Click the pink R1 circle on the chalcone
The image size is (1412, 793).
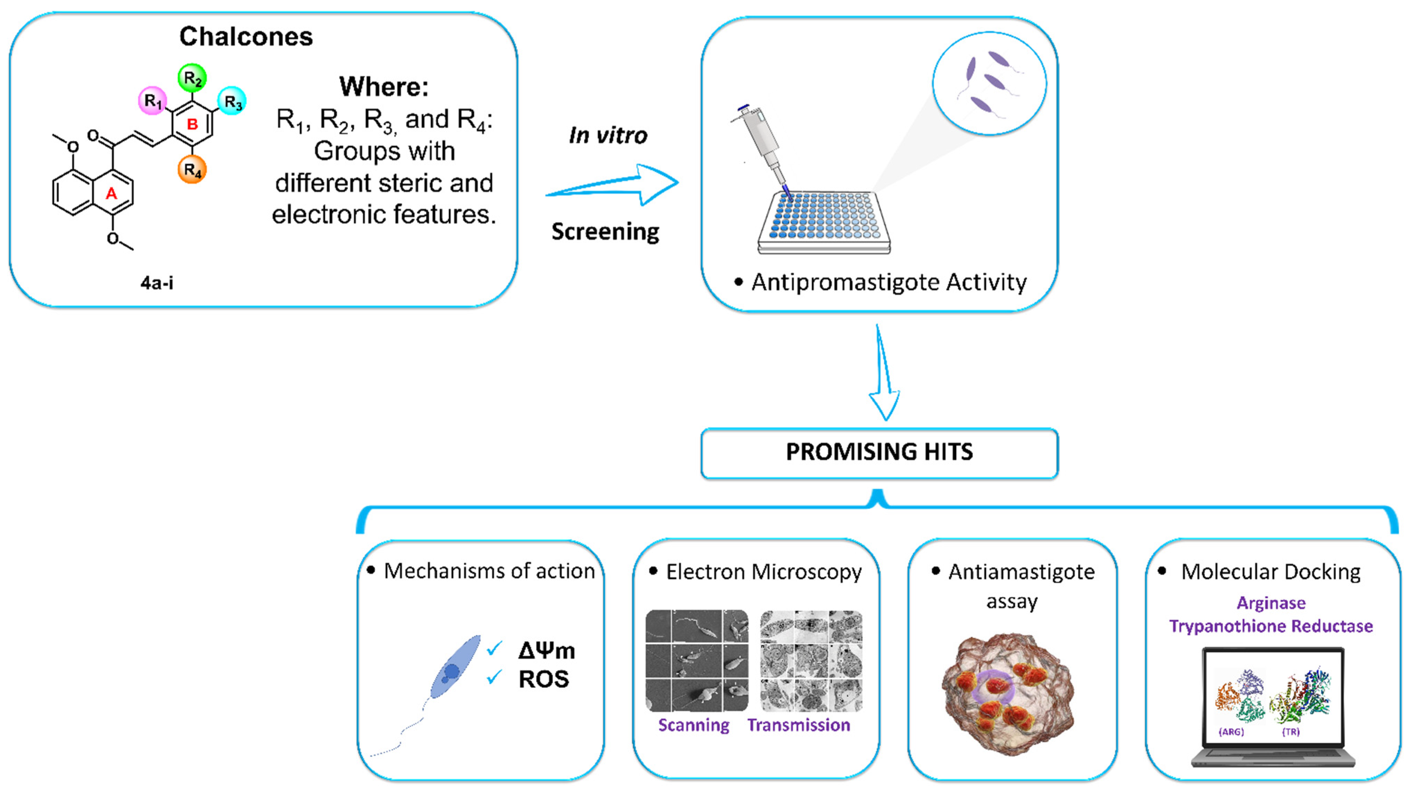click(152, 101)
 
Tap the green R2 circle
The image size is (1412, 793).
click(192, 78)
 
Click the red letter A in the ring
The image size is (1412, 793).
click(111, 194)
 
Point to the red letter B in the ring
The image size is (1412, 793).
click(192, 124)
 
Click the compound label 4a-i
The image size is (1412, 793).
click(157, 283)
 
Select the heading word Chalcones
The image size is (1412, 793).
click(246, 37)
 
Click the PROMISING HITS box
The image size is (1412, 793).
click(879, 453)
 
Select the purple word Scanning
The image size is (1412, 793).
click(694, 725)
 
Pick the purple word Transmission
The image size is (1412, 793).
click(798, 725)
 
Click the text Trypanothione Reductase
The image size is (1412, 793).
click(1271, 626)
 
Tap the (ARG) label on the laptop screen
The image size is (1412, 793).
click(1231, 732)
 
